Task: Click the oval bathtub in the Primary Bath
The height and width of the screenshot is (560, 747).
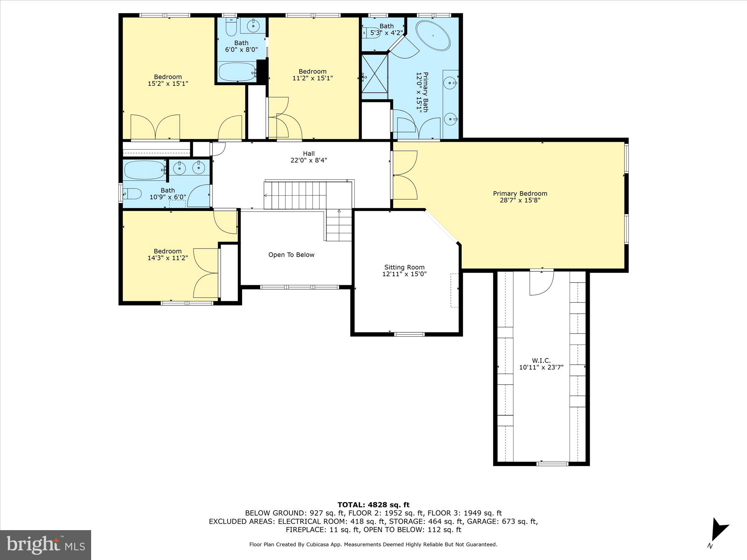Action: pyautogui.click(x=433, y=36)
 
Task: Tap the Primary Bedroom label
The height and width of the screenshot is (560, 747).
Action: pyautogui.click(x=520, y=193)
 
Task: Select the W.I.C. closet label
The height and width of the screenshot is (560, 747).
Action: pyautogui.click(x=541, y=360)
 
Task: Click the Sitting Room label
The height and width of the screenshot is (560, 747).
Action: pyautogui.click(x=405, y=267)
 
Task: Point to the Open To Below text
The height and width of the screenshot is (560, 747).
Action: pyautogui.click(x=291, y=255)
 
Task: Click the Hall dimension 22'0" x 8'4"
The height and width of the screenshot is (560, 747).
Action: pyautogui.click(x=309, y=161)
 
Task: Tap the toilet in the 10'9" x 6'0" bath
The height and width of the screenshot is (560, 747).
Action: pyautogui.click(x=132, y=194)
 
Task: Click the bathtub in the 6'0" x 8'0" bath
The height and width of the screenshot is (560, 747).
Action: pyautogui.click(x=237, y=72)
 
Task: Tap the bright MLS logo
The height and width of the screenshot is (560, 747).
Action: pyautogui.click(x=46, y=545)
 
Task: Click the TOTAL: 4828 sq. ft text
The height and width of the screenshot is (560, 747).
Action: pyautogui.click(x=373, y=505)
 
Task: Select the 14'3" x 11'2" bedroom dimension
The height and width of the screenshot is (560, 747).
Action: pyautogui.click(x=168, y=258)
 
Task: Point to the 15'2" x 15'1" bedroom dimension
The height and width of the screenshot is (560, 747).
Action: pyautogui.click(x=168, y=84)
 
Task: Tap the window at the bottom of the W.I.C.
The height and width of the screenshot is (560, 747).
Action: pyautogui.click(x=552, y=464)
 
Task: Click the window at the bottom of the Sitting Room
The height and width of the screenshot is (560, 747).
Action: pyautogui.click(x=409, y=334)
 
